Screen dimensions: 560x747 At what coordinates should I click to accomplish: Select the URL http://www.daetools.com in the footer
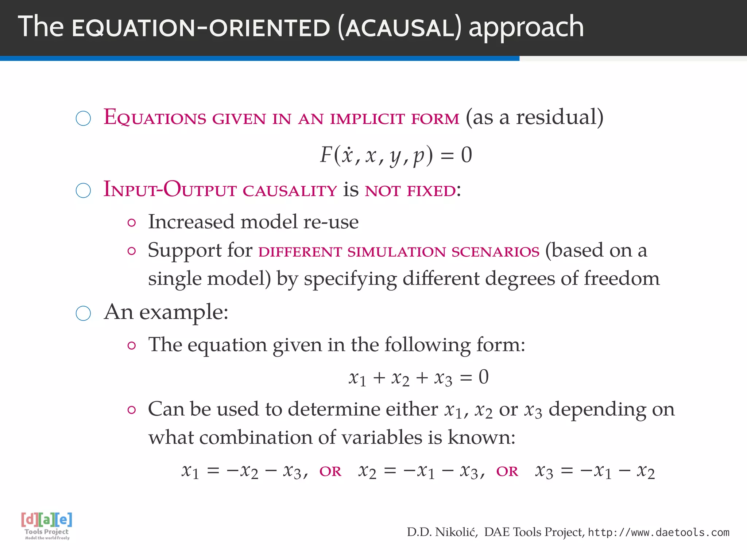tap(659, 533)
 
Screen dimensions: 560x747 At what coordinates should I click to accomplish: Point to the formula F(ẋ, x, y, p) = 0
tap(396, 155)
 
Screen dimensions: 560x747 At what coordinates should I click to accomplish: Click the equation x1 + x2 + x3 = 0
tap(418, 378)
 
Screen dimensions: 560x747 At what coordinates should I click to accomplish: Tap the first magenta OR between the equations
tap(330, 472)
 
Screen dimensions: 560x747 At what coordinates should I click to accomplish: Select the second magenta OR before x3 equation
tap(507, 472)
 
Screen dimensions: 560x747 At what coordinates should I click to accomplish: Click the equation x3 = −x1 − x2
tap(595, 471)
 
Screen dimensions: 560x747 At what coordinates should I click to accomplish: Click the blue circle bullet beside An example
tap(83, 313)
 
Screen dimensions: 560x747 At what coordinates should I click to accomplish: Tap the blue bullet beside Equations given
tap(83, 118)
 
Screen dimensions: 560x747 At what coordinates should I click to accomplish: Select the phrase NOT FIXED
tap(410, 191)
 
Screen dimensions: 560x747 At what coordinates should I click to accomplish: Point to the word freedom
tap(622, 279)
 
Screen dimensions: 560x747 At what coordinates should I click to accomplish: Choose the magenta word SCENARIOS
tap(495, 252)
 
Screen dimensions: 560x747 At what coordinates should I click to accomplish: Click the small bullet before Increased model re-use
tap(132, 223)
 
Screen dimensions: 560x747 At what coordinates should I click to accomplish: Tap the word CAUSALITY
tap(290, 191)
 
